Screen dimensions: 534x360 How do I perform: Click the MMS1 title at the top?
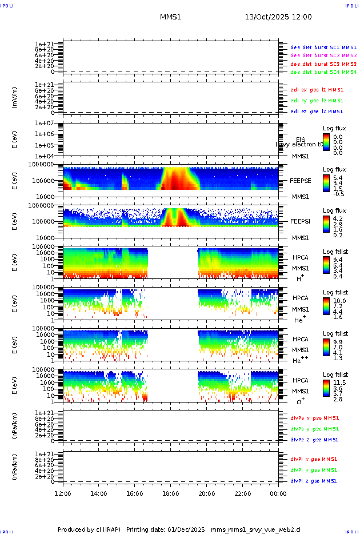(170, 17)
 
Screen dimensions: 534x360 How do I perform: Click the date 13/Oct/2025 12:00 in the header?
(278, 17)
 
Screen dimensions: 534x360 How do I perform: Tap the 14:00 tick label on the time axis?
(99, 493)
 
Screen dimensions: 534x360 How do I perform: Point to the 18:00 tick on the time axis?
(171, 493)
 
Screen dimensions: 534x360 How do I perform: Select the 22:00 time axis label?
(242, 493)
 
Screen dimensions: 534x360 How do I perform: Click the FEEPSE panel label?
(300, 181)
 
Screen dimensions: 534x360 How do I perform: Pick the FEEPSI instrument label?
(300, 221)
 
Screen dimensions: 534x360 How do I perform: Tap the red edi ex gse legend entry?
(317, 90)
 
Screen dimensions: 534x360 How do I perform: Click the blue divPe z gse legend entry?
(314, 440)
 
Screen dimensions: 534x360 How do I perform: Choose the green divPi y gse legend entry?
(314, 469)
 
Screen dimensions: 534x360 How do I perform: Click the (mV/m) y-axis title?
(15, 98)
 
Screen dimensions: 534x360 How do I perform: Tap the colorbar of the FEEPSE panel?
(326, 183)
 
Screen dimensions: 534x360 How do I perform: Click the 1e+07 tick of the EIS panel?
(43, 123)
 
